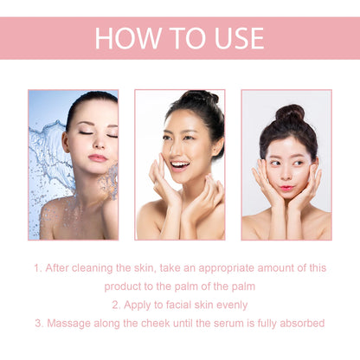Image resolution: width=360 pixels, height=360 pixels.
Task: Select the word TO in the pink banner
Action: point(177,38)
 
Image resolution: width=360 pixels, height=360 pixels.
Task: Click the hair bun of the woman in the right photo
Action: point(290,113)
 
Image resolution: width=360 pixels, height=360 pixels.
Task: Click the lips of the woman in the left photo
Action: point(98,158)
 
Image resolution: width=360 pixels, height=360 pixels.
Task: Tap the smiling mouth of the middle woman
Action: point(180,164)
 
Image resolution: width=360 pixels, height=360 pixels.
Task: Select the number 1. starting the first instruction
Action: point(38,268)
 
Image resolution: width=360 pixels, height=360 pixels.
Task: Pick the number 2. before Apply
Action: point(117,305)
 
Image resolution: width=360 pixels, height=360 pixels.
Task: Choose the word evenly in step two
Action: point(228,305)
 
